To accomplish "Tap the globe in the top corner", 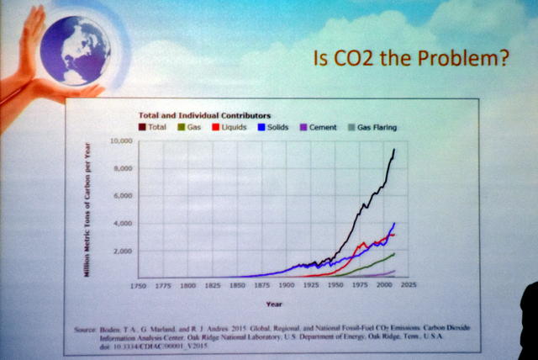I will pyautogui.click(x=75, y=47).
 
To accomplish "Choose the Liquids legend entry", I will pyautogui.click(x=228, y=128).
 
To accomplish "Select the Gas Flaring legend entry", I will pyautogui.click(x=372, y=128).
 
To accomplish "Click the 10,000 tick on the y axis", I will pyautogui.click(x=122, y=141).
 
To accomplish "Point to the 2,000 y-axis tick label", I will pyautogui.click(x=124, y=251).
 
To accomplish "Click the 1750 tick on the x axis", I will pyautogui.click(x=139, y=286).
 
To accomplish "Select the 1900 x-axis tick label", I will pyautogui.click(x=287, y=286).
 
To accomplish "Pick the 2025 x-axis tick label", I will pyautogui.click(x=409, y=286).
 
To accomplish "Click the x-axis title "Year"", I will pyautogui.click(x=274, y=303).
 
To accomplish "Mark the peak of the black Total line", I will pyautogui.click(x=394, y=150).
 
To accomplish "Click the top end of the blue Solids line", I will pyautogui.click(x=394, y=222).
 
